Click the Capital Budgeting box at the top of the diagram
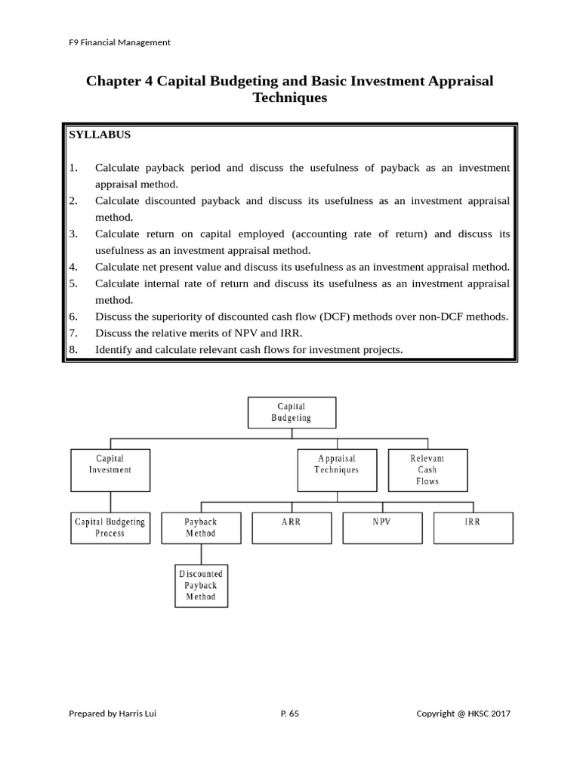(292, 413)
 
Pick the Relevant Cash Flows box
(427, 470)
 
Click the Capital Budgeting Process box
(110, 528)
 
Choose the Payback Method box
(201, 528)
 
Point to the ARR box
(292, 528)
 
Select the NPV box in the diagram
(382, 528)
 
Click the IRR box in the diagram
(473, 528)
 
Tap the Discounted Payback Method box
(201, 586)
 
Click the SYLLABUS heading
(100, 135)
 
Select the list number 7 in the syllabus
(73, 333)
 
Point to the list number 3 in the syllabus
(73, 234)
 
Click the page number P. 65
(289, 713)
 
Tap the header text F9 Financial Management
(119, 42)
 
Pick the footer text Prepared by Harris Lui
(113, 713)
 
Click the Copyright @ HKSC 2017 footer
(464, 713)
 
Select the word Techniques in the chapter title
(290, 98)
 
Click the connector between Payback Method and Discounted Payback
(201, 554)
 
